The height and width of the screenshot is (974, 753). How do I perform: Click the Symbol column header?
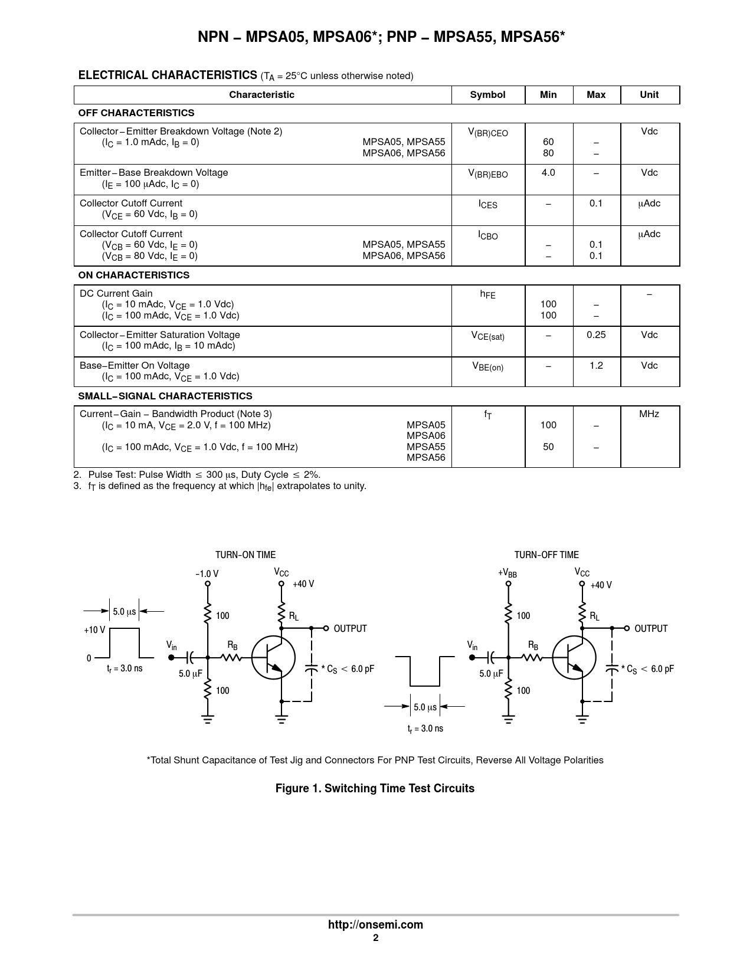tap(487, 95)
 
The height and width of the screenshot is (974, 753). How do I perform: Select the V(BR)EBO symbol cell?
tap(487, 174)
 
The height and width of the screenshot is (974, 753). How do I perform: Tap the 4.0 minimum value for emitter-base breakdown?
tap(548, 173)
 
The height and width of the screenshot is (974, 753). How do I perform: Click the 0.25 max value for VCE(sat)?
tap(596, 335)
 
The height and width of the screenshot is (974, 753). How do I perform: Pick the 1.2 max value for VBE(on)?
tap(596, 366)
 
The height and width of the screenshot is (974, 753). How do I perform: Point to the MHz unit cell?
tap(649, 414)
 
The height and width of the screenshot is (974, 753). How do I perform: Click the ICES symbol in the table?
tap(487, 205)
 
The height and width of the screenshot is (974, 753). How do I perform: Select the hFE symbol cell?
tap(487, 294)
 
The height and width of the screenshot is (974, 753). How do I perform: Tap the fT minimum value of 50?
tap(548, 447)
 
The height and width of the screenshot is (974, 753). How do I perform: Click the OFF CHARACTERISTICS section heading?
tap(136, 113)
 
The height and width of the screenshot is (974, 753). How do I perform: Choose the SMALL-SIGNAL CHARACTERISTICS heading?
tap(165, 396)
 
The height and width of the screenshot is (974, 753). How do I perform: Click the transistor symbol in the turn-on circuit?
tap(273, 658)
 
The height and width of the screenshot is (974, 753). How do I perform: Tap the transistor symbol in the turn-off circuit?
tap(574, 658)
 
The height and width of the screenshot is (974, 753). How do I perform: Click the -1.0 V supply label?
tap(207, 574)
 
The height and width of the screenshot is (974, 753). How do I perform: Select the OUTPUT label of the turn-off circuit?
tap(651, 629)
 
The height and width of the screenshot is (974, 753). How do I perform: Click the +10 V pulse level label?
tap(94, 630)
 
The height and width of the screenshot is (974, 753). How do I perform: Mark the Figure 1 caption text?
tap(375, 789)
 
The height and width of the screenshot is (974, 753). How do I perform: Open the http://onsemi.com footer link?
tap(375, 925)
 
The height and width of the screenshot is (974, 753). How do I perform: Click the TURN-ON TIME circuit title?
tap(245, 555)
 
